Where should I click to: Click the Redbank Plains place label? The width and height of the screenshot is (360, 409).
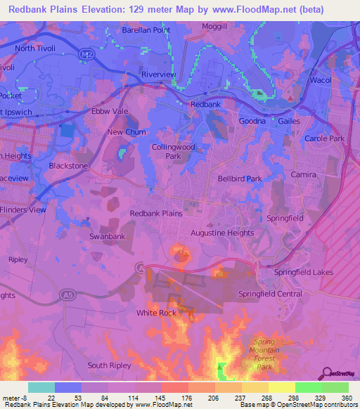[156, 213]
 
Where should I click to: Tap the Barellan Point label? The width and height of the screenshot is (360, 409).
[146, 30]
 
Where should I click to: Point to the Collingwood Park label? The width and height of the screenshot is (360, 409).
[173, 151]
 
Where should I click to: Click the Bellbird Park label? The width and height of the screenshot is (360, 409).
[240, 179]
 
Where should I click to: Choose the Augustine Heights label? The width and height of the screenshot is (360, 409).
[222, 232]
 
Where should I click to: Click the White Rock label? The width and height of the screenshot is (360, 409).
[156, 313]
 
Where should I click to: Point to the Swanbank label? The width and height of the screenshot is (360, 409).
[106, 237]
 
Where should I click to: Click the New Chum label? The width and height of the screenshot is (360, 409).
[124, 131]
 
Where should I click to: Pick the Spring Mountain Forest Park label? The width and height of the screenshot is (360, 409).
[264, 354]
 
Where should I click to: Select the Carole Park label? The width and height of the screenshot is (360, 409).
[324, 138]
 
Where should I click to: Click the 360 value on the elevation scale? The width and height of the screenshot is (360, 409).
[346, 397]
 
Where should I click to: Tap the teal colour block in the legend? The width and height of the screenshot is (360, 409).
[41, 387]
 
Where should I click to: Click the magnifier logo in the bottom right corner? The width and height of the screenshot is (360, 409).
[328, 372]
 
